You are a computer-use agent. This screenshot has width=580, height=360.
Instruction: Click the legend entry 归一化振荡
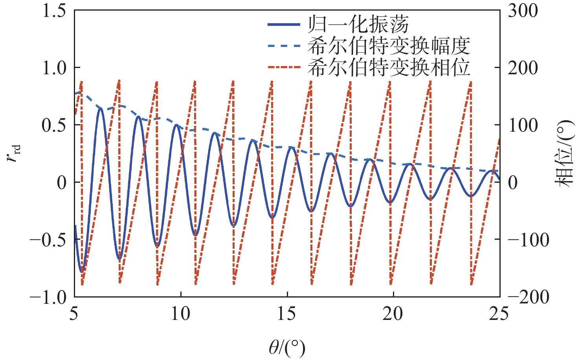tap(358, 24)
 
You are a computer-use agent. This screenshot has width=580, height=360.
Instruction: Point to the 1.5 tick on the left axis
tap(54, 11)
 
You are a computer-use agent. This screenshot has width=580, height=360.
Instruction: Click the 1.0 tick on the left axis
tap(54, 68)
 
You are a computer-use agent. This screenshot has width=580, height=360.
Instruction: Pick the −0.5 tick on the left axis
tap(49, 240)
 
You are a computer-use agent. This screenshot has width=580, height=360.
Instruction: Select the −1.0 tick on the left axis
tap(49, 297)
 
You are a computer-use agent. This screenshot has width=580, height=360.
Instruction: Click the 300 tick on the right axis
tap(523, 11)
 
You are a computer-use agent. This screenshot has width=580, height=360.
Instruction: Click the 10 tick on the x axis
tap(181, 314)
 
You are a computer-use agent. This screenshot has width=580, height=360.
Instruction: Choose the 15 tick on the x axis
tap(287, 314)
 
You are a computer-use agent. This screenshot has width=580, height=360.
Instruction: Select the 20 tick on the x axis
tap(393, 314)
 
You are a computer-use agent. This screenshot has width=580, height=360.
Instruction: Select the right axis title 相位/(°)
tap(564, 153)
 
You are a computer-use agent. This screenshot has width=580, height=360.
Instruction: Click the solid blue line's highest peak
tap(100, 108)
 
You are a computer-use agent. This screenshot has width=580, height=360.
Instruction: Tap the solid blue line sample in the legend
tap(284, 25)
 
